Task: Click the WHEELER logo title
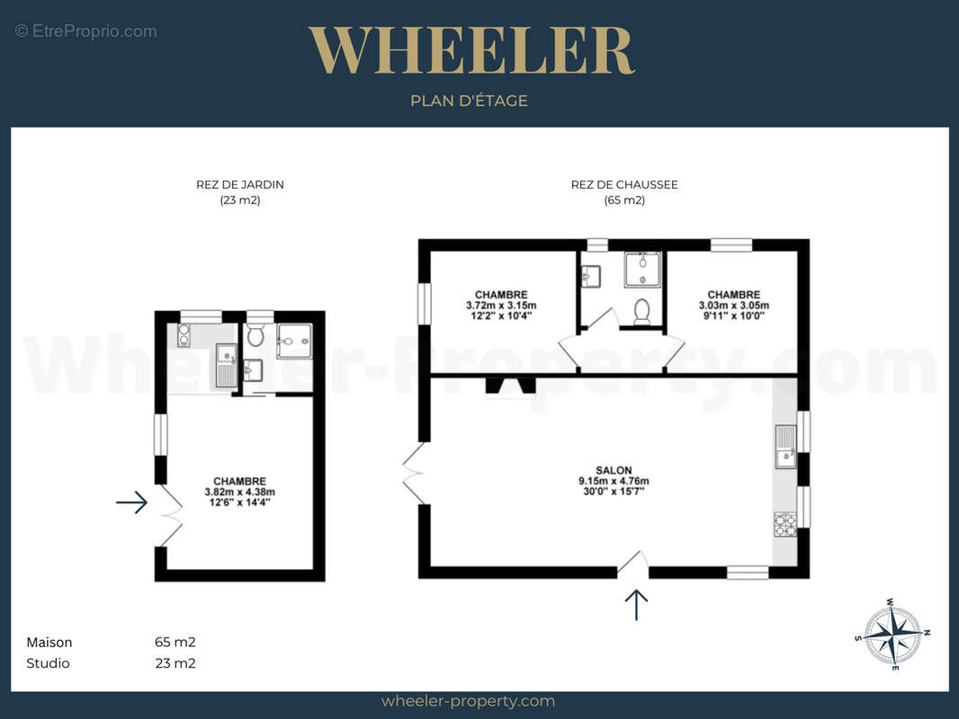click(471, 50)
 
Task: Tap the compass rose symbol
click(893, 635)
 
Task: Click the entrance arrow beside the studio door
click(132, 502)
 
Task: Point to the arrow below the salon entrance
click(636, 605)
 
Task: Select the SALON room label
click(614, 480)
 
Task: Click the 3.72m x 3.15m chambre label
click(501, 305)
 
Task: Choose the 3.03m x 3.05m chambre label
click(734, 305)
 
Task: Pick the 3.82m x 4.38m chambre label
click(239, 492)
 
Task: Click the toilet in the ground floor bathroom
click(641, 312)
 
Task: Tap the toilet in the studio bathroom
click(255, 334)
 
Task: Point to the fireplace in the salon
click(510, 386)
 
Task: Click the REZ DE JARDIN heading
click(239, 184)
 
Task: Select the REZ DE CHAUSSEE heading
click(624, 184)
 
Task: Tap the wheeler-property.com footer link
click(468, 701)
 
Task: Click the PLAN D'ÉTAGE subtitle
click(469, 101)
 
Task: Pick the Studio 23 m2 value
click(175, 663)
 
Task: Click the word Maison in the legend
click(49, 643)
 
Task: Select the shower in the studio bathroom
click(295, 341)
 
